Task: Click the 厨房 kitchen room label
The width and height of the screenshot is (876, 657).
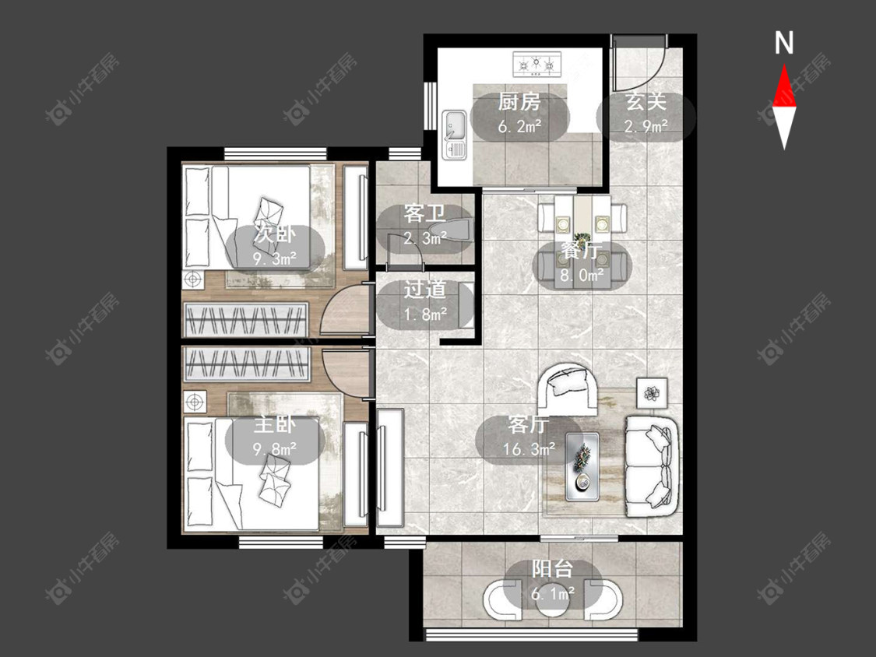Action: [x=519, y=102]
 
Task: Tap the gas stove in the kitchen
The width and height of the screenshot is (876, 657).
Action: [x=537, y=65]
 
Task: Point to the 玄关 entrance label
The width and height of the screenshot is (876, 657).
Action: [x=646, y=102]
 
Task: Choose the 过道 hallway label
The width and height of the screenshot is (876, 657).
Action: [x=425, y=290]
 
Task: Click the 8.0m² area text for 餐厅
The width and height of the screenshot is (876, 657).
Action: [x=582, y=275]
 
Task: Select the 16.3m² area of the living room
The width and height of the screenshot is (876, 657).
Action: [x=529, y=448]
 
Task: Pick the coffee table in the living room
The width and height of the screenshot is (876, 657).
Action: [x=582, y=466]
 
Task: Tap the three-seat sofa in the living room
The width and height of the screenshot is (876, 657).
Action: [x=652, y=466]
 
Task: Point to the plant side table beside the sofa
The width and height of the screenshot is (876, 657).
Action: [x=652, y=393]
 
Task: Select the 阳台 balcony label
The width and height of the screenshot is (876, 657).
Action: [x=553, y=569]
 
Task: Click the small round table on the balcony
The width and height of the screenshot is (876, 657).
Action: [x=553, y=601]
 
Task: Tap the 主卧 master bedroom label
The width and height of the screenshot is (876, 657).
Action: [x=274, y=425]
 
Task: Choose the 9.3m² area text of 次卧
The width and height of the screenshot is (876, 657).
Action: [x=274, y=258]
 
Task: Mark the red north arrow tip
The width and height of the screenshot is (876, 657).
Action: [x=784, y=65]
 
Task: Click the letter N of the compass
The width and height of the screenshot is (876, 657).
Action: [x=784, y=43]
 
